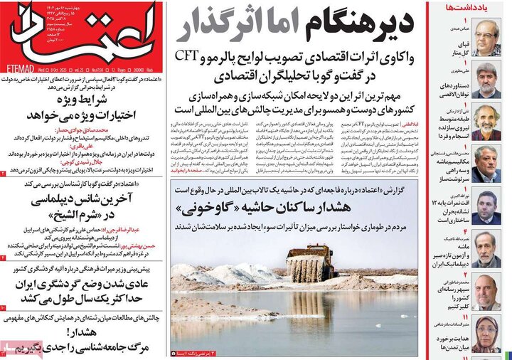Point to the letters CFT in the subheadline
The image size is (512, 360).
186,55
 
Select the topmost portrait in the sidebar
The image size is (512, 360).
487,38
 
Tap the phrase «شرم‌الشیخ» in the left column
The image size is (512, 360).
79,213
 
